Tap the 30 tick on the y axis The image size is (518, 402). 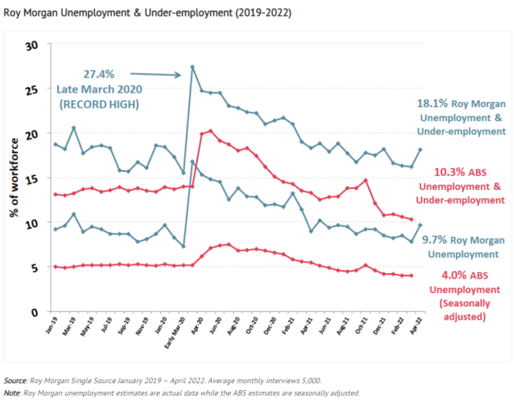tap(32, 46)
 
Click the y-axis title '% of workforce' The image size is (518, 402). tap(13, 179)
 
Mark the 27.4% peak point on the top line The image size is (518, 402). tap(192, 67)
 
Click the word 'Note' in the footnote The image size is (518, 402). tap(13, 393)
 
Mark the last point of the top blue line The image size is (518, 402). tap(421, 149)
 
